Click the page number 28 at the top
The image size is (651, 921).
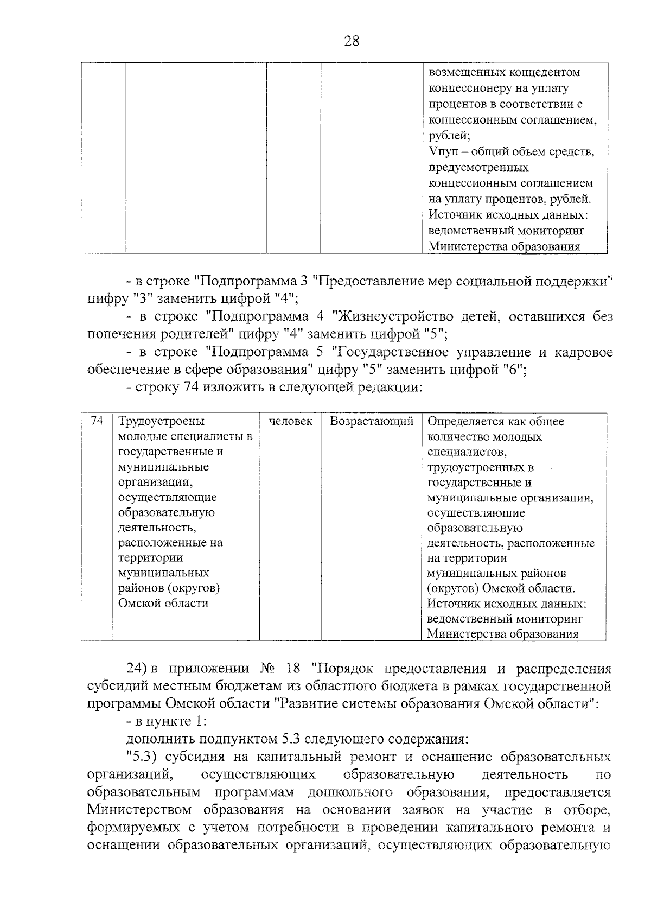[x=352, y=41]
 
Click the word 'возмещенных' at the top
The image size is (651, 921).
[x=468, y=72]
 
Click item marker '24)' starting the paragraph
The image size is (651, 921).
[x=138, y=669]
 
